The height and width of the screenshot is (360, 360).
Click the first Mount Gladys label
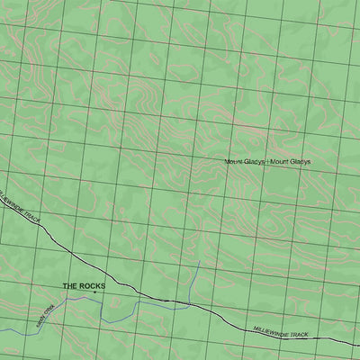[x=245, y=162]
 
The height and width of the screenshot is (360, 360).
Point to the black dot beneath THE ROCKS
[x=94, y=292]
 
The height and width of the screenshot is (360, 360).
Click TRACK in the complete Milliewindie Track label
[x=299, y=334]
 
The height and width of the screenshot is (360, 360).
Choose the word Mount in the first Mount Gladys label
[x=235, y=162]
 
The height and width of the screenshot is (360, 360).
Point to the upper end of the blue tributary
[x=199, y=262]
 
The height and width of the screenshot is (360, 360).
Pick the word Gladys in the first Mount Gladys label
[x=255, y=162]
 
